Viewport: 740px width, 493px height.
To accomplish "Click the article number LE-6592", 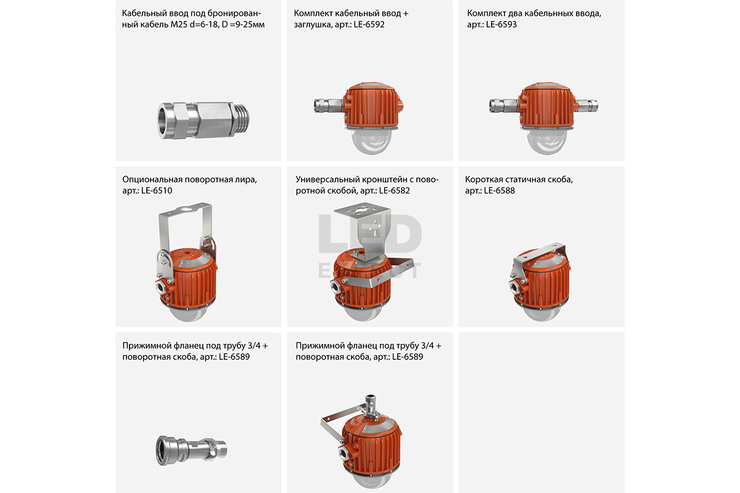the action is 369,25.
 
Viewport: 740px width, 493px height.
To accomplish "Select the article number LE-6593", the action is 501,25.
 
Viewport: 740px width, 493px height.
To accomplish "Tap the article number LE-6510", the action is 157,190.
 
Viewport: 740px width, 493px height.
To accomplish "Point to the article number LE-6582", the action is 395,190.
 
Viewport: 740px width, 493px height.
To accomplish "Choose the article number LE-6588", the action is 500,190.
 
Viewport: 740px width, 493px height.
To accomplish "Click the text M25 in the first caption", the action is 179,25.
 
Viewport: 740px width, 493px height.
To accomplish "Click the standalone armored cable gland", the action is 203,120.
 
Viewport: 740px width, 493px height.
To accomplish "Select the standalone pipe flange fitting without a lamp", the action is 192,450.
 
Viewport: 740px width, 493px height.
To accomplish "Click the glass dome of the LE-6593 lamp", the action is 547,141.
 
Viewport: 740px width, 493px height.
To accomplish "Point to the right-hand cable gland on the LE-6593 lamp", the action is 586,106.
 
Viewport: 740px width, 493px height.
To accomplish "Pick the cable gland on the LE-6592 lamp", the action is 329,105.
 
